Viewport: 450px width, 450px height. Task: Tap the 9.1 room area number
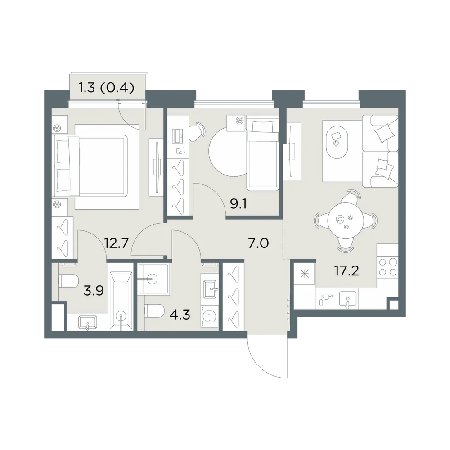pyautogui.click(x=238, y=204)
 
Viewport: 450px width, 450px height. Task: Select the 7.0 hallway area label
pyautogui.click(x=258, y=243)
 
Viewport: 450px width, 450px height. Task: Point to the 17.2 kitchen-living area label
pyautogui.click(x=346, y=270)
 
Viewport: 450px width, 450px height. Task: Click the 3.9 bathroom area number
pyautogui.click(x=94, y=291)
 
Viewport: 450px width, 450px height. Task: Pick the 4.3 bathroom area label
pyautogui.click(x=180, y=315)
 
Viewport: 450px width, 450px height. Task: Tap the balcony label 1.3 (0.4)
pyautogui.click(x=107, y=88)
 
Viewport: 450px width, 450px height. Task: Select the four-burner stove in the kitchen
pyautogui.click(x=387, y=266)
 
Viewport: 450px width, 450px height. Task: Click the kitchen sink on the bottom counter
pyautogui.click(x=348, y=300)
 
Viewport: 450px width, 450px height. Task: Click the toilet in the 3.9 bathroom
pyautogui.click(x=68, y=281)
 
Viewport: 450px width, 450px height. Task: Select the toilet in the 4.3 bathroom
pyautogui.click(x=154, y=311)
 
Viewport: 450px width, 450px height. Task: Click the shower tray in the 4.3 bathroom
pyautogui.click(x=153, y=279)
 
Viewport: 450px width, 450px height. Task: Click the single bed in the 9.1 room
pyautogui.click(x=263, y=153)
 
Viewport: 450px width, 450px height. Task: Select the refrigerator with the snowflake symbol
pyautogui.click(x=304, y=275)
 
